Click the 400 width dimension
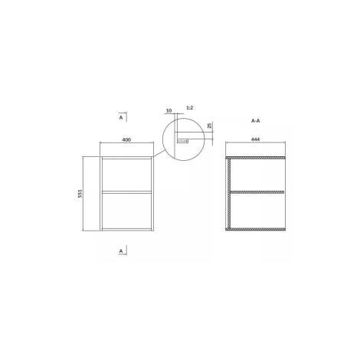pyautogui.click(x=126, y=139)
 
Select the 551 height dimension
pyautogui.click(x=80, y=194)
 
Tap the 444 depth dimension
pyautogui.click(x=255, y=139)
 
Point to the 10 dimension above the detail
pyautogui.click(x=169, y=111)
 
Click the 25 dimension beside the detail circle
pyautogui.click(x=209, y=126)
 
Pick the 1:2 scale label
pyautogui.click(x=190, y=108)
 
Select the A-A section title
pyautogui.click(x=255, y=121)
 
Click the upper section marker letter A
pyautogui.click(x=121, y=117)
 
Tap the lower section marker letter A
pyautogui.click(x=121, y=251)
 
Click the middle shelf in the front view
pyautogui.click(x=126, y=191)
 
